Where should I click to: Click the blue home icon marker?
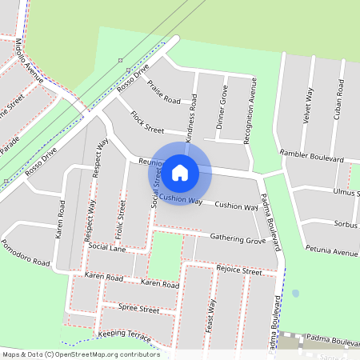[x=180, y=172]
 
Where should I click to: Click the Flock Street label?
[x=147, y=122]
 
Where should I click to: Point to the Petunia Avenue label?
[x=334, y=252]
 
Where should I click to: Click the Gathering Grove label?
[x=238, y=238]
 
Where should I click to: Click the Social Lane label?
[x=107, y=248]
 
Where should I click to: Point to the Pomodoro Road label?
[x=26, y=253]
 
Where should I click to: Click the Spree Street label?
[x=138, y=308]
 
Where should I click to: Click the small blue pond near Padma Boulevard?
[x=296, y=294]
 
